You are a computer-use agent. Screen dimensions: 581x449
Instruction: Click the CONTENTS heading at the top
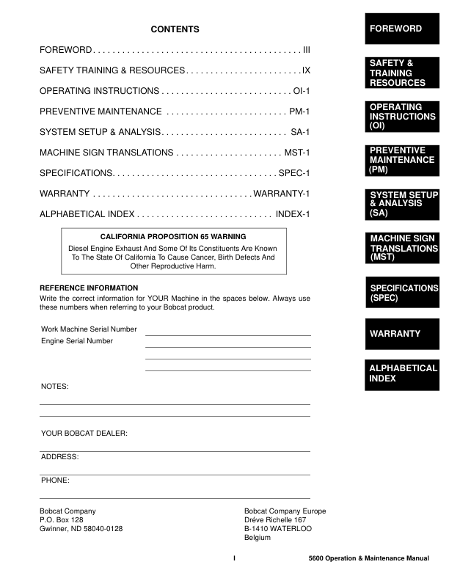click(x=175, y=29)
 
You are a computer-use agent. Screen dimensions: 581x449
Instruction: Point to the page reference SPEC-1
click(x=295, y=173)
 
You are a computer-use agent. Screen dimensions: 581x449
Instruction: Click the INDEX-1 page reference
click(x=293, y=214)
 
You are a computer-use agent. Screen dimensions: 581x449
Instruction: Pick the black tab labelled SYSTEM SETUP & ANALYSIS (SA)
click(x=402, y=204)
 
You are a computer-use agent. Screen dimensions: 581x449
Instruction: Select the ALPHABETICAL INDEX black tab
click(x=402, y=373)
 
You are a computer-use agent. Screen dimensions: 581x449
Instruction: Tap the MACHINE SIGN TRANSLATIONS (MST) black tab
click(x=402, y=248)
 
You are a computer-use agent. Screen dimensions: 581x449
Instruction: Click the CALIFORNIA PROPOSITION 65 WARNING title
click(x=173, y=237)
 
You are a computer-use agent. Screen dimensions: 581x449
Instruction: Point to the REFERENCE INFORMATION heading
click(x=89, y=288)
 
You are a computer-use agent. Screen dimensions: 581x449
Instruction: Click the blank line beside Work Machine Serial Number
click(x=228, y=335)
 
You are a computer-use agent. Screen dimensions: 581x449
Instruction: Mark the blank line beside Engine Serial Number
click(x=228, y=346)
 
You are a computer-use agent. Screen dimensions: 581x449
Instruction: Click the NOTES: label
click(x=55, y=386)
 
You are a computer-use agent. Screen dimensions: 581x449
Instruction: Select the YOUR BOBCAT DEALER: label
click(x=84, y=434)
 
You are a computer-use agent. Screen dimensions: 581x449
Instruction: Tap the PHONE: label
click(x=56, y=480)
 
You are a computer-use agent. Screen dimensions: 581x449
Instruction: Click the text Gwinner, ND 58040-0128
click(x=81, y=529)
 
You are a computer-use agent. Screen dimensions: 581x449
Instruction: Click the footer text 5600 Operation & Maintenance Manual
click(x=369, y=560)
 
